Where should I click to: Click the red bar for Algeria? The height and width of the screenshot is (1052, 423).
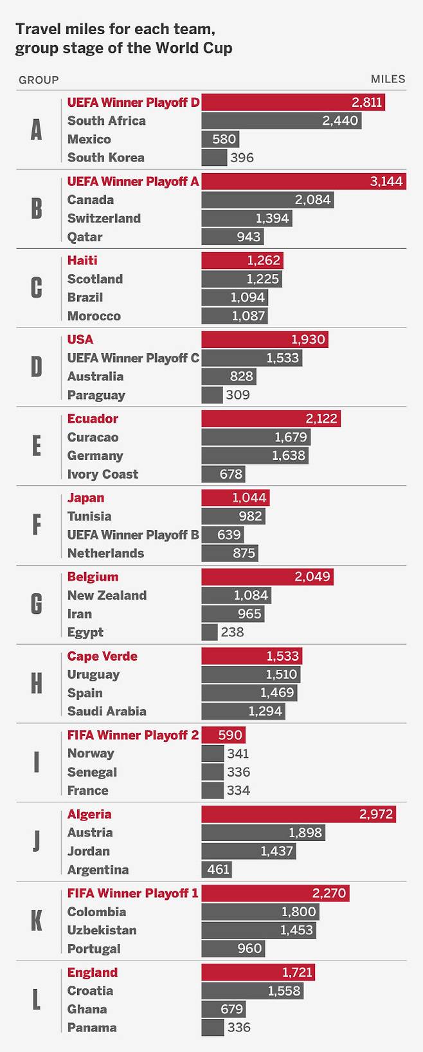tap(298, 814)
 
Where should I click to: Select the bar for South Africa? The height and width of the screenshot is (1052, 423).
tap(281, 121)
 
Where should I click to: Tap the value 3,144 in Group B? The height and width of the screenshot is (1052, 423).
tap(386, 181)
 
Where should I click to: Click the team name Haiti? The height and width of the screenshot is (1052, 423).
tap(82, 261)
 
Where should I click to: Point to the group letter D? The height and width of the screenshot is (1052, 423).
tap(37, 367)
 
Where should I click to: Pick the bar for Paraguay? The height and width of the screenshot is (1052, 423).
tap(212, 395)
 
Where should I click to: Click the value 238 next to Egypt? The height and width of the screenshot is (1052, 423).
tap(232, 632)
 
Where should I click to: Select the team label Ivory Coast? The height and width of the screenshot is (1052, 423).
tap(103, 474)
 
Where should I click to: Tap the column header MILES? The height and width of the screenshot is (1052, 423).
tap(388, 79)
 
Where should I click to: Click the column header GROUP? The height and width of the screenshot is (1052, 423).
tap(39, 80)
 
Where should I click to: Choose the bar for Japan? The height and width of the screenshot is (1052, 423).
tap(235, 498)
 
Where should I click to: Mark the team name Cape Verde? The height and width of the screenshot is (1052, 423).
tap(102, 656)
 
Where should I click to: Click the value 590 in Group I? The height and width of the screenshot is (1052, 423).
tap(230, 735)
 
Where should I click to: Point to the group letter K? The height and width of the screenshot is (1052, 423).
tap(37, 921)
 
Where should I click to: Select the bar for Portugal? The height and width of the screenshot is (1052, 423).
tap(233, 949)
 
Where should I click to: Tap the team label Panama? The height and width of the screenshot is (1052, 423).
tap(92, 1028)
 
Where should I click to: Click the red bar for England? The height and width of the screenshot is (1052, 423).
tap(258, 972)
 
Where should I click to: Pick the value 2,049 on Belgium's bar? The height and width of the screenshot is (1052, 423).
tap(312, 577)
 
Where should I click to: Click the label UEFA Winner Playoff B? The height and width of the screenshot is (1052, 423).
tap(133, 535)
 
